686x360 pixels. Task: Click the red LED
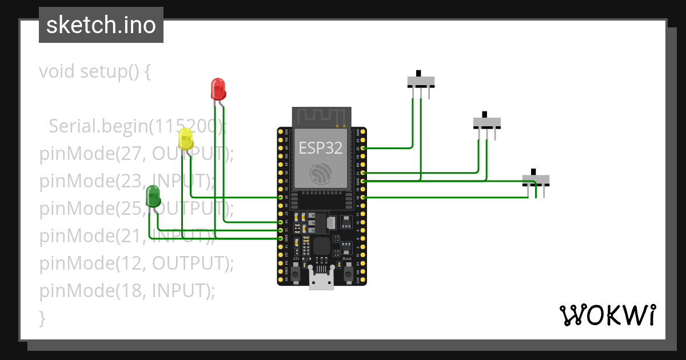pos(218,89)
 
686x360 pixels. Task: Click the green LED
pos(153,196)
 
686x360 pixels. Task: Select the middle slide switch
pos(486,122)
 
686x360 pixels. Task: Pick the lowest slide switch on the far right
pos(536,180)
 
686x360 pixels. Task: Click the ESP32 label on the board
pos(321,148)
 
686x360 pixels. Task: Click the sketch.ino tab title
pos(101,25)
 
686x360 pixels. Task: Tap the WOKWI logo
pos(607,315)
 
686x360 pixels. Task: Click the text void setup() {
pos(95,72)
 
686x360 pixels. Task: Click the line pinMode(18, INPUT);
pos(127,291)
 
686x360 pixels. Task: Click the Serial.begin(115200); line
pos(137,126)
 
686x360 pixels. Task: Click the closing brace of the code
pos(42,318)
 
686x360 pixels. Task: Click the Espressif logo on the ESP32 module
pos(321,174)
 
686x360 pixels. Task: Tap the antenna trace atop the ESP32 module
pos(321,117)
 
